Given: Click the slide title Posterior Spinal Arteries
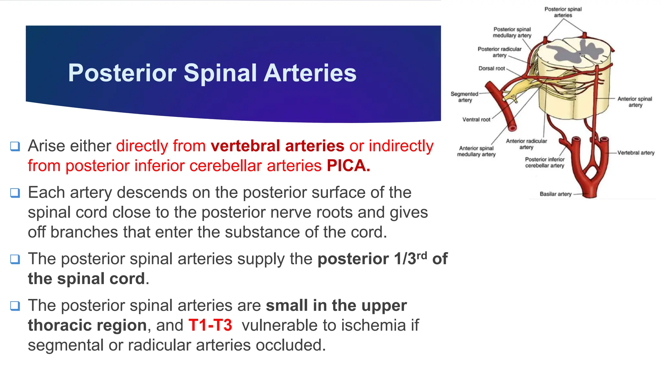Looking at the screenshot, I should coord(212,73).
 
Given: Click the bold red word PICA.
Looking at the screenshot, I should coord(348,166).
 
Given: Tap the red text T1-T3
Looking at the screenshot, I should coord(210,325).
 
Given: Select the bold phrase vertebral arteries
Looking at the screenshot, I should coord(277,146).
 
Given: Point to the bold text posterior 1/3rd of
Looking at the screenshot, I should coord(382,259).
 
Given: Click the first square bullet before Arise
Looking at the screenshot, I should coord(15,146).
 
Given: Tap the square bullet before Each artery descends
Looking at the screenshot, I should coord(15,193).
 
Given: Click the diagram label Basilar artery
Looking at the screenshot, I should coord(555,194).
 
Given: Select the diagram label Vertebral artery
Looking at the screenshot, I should coord(636,153).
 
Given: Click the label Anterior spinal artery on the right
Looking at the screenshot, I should coord(635,102).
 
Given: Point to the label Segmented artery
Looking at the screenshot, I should coord(464,97).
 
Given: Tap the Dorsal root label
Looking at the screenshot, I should coord(491,68).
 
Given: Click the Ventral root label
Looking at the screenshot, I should coord(476,119).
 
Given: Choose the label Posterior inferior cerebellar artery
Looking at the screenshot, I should coord(544,162).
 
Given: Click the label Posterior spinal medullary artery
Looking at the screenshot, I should coord(512,32).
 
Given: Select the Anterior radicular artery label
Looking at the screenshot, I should coord(526,144).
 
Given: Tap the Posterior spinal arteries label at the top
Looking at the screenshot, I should coord(563,12).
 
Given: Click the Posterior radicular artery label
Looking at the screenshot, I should coord(499,52).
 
